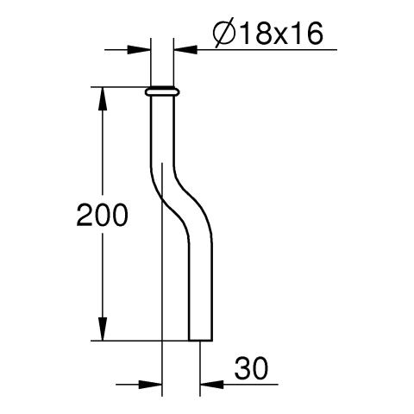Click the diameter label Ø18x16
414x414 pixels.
pos(268,34)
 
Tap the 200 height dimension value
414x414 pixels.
pos(102,215)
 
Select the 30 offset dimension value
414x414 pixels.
pos(251,368)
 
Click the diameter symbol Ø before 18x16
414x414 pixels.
pos(224,34)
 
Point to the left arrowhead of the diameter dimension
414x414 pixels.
pos(139,50)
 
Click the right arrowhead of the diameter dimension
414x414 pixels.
pos(185,50)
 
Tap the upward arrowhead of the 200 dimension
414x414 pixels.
pos(103,98)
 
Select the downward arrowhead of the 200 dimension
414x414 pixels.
pos(103,329)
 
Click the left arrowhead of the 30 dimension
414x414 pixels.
pos(150,384)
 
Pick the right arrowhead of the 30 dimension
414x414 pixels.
pos(211,384)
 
